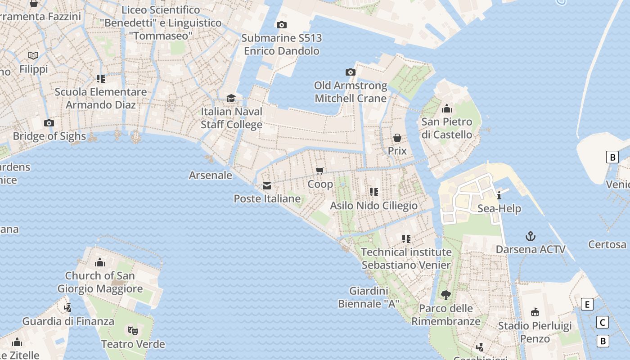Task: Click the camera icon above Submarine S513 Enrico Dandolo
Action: [x=282, y=25]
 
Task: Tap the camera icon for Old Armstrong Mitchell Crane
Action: [x=350, y=72]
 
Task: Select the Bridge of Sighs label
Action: [x=49, y=136]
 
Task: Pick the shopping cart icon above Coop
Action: [x=320, y=170]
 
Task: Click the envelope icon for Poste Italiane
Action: [x=267, y=186]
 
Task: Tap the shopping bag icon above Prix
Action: [x=397, y=138]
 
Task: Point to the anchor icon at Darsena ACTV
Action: [x=531, y=236]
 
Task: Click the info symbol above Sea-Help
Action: [x=499, y=195]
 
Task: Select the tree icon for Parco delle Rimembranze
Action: [x=445, y=295]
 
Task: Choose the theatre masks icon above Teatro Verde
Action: [x=133, y=331]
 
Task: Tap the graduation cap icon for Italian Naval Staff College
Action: [x=231, y=98]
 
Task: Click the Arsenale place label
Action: [x=211, y=175]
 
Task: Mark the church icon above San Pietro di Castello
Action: [x=447, y=108]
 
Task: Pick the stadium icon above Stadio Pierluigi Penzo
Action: [x=535, y=312]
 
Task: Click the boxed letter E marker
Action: [x=587, y=304]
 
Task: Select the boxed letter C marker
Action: [x=602, y=322]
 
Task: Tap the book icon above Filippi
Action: [x=33, y=55]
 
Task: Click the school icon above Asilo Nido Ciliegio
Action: [x=374, y=192]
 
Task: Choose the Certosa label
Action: [x=607, y=244]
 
